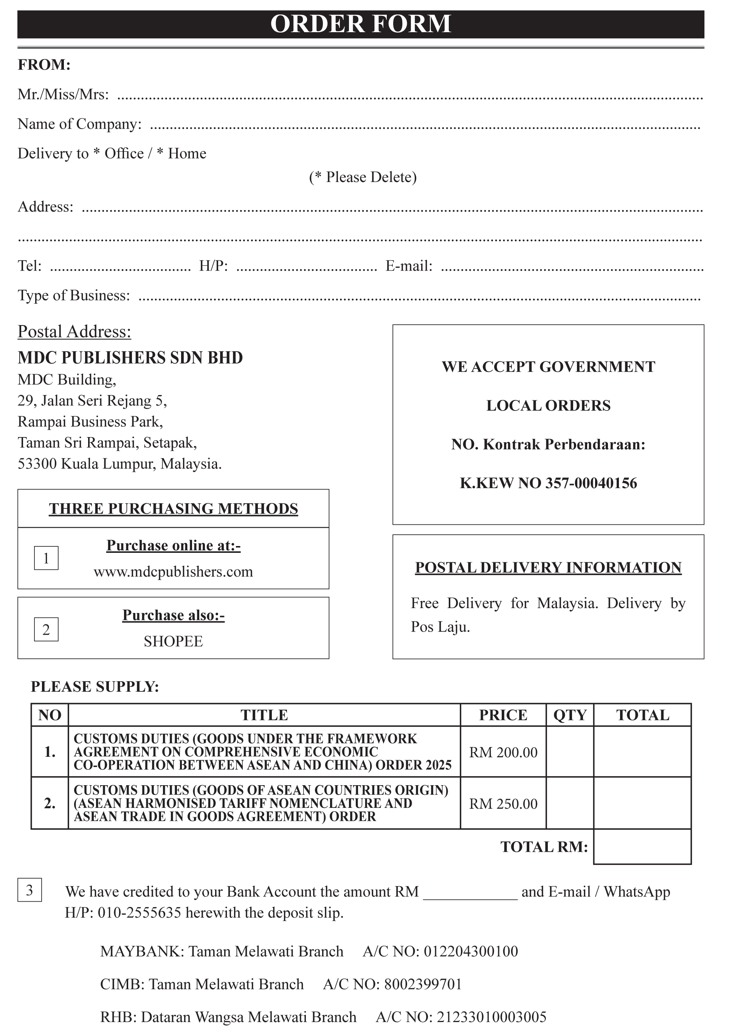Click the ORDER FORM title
(360, 24)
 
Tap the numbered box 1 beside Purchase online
(46, 558)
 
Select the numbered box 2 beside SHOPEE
(46, 629)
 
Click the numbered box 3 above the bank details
(29, 890)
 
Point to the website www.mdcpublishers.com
(174, 571)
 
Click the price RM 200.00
(503, 753)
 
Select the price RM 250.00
(503, 804)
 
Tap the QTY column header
(570, 715)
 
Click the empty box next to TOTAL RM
(642, 847)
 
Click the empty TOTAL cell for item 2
(642, 803)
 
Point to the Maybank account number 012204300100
(471, 951)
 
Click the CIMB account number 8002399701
(423, 984)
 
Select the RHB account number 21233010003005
(491, 1017)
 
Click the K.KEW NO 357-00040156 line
(548, 483)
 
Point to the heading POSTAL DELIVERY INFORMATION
(548, 568)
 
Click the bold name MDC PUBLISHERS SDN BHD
(130, 358)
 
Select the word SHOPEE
(174, 641)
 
